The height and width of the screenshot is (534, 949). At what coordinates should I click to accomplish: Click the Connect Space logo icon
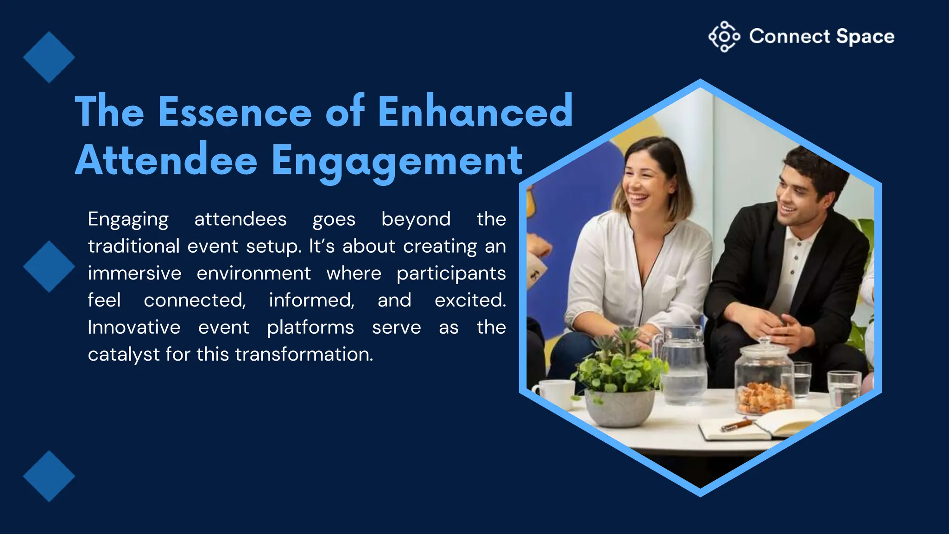(724, 37)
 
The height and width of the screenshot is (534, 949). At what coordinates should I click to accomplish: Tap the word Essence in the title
(235, 112)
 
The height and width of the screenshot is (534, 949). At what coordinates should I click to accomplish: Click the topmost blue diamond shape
(49, 57)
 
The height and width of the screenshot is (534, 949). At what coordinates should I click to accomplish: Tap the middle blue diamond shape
(49, 267)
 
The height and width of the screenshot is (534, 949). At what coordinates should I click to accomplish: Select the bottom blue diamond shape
(49, 476)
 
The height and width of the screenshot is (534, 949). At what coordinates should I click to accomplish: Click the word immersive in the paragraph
(134, 273)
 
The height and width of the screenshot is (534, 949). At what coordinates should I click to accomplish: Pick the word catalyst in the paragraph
(124, 355)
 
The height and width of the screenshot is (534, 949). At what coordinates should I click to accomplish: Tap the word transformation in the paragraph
(304, 355)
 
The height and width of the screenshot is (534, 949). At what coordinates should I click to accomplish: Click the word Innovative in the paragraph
(134, 328)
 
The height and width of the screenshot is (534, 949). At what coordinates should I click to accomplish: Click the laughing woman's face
(644, 183)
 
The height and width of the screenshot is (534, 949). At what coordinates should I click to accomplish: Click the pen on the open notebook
(737, 425)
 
